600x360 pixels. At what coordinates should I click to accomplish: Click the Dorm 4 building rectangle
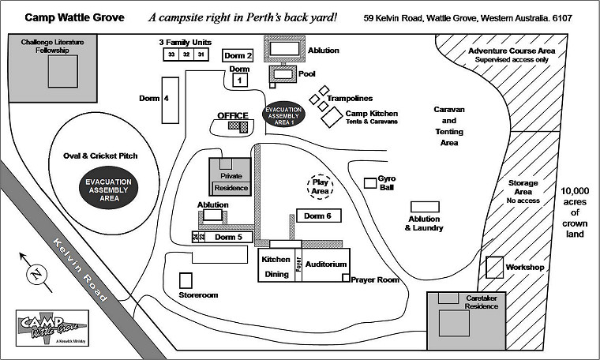click(170, 99)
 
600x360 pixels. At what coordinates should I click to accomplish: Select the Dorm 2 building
click(238, 55)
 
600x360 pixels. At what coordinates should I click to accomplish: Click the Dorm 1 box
click(239, 80)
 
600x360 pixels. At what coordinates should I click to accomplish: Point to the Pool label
click(307, 73)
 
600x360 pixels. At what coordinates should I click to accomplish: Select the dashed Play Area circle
click(320, 186)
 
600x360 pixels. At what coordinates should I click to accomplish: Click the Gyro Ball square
click(369, 183)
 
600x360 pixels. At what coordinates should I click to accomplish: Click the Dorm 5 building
click(229, 237)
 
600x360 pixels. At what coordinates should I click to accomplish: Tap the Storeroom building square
click(186, 280)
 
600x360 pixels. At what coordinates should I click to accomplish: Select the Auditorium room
click(325, 264)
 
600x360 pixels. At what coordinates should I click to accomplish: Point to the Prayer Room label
click(375, 279)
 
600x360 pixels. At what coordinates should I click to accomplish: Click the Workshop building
click(495, 267)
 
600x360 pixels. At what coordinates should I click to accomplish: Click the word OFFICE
click(233, 115)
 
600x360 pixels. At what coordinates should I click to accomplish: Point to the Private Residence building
click(231, 178)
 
